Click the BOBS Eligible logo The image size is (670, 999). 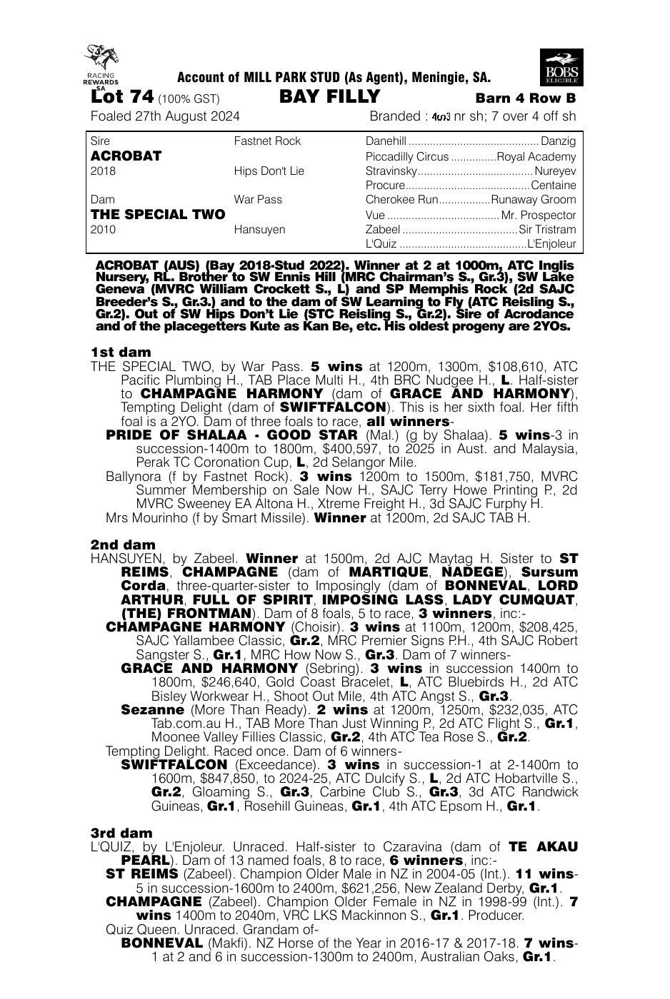561,68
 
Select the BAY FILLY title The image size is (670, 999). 329,97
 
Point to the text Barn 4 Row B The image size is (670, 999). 525,98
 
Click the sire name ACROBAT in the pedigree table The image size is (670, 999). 126,156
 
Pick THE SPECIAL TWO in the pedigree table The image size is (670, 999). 158,214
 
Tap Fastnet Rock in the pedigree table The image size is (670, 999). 267,141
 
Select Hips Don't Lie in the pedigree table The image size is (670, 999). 269,171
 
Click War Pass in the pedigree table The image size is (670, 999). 258,200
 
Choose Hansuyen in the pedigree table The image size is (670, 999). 259,230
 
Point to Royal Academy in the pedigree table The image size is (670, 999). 536,157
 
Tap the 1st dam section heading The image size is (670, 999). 121,353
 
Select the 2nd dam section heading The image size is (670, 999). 123,544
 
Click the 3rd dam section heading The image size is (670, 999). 121,833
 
